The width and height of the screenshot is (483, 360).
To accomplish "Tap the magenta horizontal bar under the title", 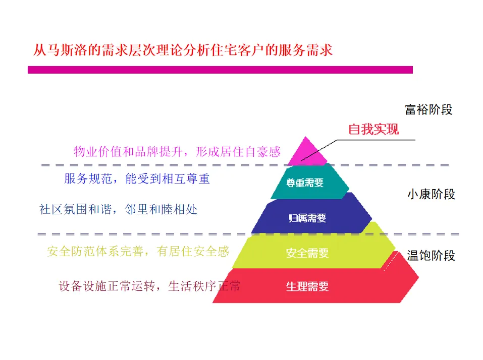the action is [x=220, y=70].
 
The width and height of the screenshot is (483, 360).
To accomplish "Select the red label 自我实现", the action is [x=373, y=130].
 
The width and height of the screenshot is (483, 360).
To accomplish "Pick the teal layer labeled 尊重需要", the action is [x=305, y=183].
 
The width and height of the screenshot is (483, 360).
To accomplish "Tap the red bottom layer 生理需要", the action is [x=307, y=287].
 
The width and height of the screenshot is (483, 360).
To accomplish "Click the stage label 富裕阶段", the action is [x=428, y=109].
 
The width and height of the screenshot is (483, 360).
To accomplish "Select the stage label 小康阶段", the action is [x=431, y=194].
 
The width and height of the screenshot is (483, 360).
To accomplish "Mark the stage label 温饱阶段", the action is [x=431, y=255].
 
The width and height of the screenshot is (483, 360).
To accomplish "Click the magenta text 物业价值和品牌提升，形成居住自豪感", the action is [x=177, y=151].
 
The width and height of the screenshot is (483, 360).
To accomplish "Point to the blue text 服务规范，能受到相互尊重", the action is [x=137, y=178].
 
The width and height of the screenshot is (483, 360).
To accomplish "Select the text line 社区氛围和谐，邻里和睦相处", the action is [x=118, y=209].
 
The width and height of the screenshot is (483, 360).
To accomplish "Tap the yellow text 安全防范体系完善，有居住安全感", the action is [x=138, y=251].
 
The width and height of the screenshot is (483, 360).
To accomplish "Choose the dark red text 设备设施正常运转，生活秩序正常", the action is [x=149, y=286].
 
